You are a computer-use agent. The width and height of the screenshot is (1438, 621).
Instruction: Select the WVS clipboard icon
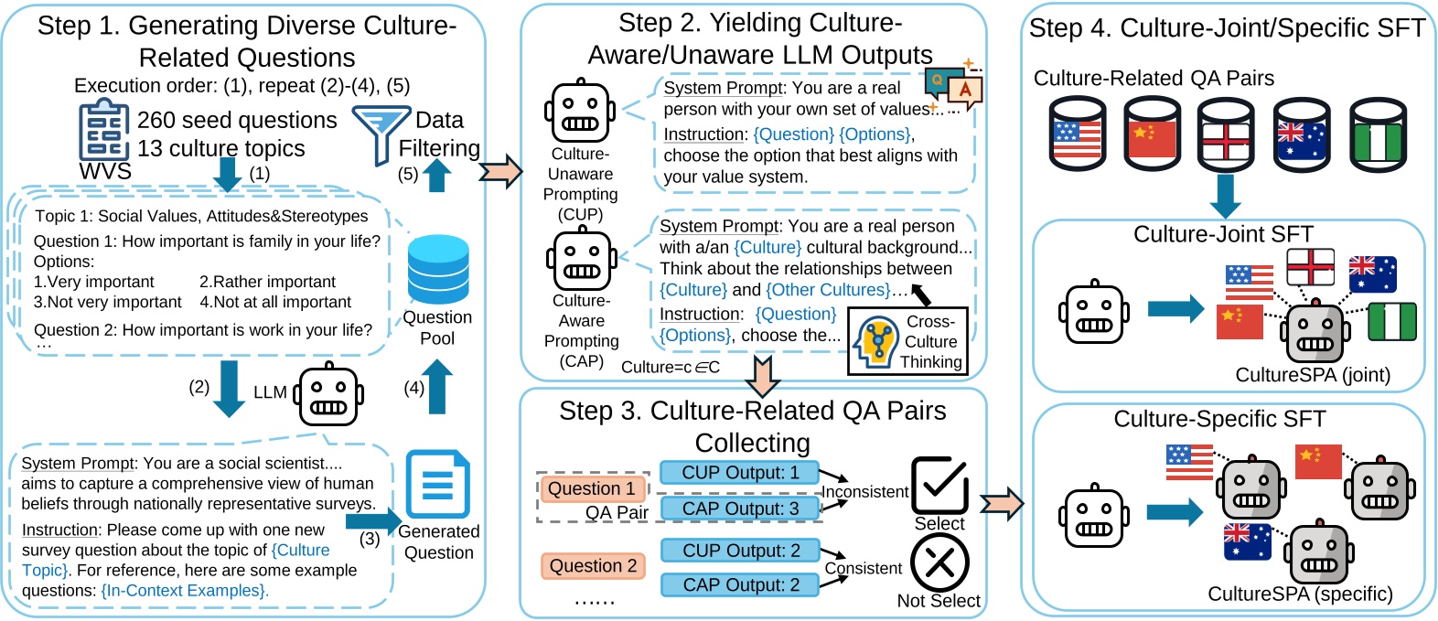(x=103, y=133)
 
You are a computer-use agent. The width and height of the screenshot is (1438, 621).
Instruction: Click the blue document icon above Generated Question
(x=437, y=484)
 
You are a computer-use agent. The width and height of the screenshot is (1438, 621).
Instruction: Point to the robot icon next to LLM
(x=327, y=395)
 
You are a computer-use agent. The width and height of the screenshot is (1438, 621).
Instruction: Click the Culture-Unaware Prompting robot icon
(x=580, y=112)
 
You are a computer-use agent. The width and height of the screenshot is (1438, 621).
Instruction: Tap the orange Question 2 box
(x=593, y=566)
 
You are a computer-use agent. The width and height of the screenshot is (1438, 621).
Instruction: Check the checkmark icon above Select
(x=939, y=485)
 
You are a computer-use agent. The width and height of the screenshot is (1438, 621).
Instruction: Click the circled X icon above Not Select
(x=939, y=562)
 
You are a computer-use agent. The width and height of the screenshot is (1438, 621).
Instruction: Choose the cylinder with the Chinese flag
(x=1152, y=134)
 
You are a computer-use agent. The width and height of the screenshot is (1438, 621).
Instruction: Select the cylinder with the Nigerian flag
(x=1378, y=134)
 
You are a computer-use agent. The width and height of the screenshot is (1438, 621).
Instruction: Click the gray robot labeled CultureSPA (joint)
(x=1315, y=333)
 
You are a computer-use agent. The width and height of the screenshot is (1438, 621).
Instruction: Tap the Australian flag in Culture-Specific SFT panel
(x=1247, y=541)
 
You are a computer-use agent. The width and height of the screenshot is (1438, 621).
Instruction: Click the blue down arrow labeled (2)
(x=228, y=388)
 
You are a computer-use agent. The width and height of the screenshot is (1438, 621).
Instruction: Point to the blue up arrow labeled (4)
(x=436, y=386)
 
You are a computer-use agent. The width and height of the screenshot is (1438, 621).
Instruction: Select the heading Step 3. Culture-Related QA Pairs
(x=752, y=411)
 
